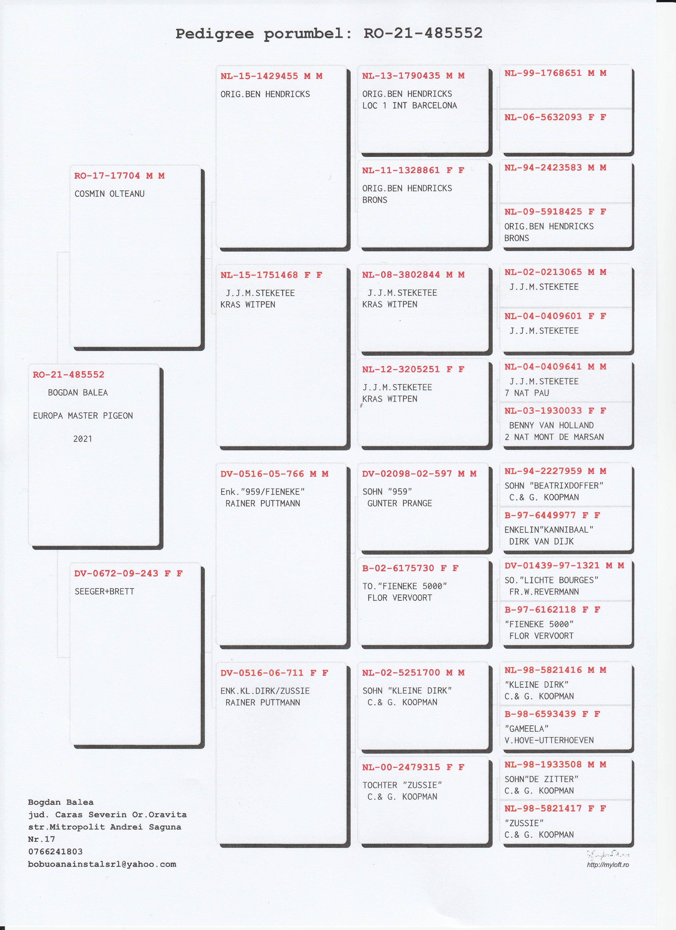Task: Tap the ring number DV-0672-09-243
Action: coord(116,573)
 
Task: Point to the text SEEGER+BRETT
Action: coord(104,591)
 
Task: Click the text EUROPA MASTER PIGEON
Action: coord(83,416)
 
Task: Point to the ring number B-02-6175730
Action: coord(398,568)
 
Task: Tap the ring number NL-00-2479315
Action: coord(401,767)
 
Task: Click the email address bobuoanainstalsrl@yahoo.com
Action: coord(102,864)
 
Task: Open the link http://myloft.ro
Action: coord(608,865)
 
